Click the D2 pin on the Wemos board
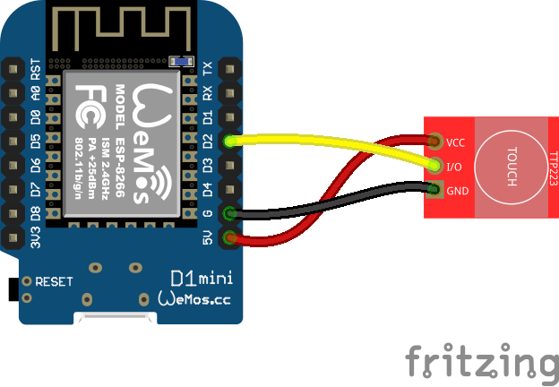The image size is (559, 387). [x=231, y=141]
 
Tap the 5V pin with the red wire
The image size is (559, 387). [x=231, y=237]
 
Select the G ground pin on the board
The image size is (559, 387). [x=231, y=213]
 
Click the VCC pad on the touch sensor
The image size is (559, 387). [x=435, y=142]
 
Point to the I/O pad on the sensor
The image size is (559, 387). [x=435, y=165]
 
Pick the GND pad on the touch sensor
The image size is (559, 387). [x=435, y=189]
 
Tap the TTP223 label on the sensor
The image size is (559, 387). [x=552, y=166]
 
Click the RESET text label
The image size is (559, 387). [x=54, y=281]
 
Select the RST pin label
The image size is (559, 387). [x=35, y=69]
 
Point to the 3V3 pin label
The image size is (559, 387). [x=35, y=237]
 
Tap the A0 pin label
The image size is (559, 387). [x=35, y=93]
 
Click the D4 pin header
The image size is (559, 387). [x=231, y=189]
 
